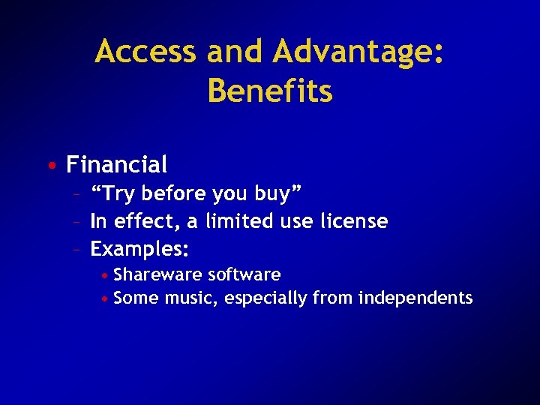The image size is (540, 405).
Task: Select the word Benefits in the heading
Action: click(x=270, y=91)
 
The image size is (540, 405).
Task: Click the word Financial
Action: click(x=116, y=163)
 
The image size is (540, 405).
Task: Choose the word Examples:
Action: click(x=139, y=247)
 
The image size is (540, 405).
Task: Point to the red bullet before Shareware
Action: click(x=106, y=275)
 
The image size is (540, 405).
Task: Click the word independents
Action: click(x=415, y=298)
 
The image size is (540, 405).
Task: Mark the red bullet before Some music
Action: click(x=106, y=298)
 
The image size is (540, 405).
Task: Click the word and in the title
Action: click(x=233, y=52)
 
